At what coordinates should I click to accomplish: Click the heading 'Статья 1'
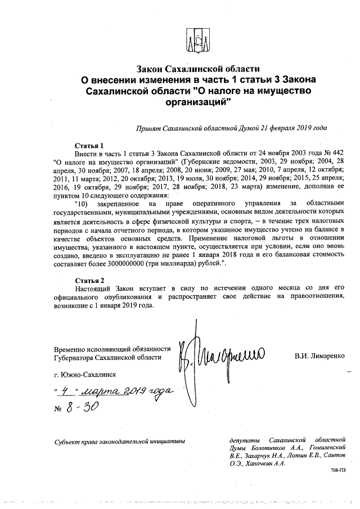pyautogui.click(x=89, y=145)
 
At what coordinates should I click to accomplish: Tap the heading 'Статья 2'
pyautogui.click(x=89, y=280)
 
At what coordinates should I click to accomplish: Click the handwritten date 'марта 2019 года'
pyautogui.click(x=127, y=390)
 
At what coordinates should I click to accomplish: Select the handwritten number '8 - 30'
pyautogui.click(x=82, y=407)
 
